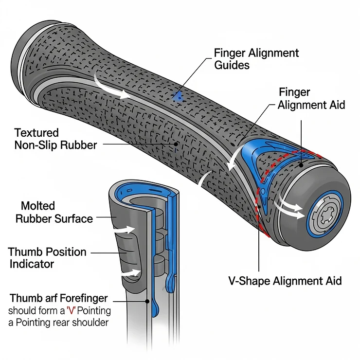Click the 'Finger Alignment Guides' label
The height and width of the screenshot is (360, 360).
(x=256, y=58)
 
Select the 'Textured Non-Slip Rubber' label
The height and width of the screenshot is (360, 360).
(x=55, y=138)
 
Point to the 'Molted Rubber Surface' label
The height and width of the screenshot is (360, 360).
(x=54, y=212)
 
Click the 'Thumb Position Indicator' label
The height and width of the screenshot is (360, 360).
(x=47, y=258)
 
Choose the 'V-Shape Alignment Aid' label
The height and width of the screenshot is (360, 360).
(x=285, y=281)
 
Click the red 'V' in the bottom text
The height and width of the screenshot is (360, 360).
(x=76, y=310)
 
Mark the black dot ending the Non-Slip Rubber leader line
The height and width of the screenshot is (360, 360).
(x=177, y=144)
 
